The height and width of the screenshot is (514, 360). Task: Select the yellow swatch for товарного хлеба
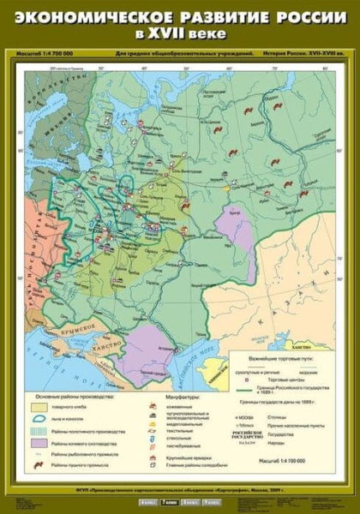[39, 408]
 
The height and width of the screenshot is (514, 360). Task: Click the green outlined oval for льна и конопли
[39, 420]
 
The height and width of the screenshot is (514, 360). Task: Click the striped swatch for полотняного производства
[39, 431]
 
